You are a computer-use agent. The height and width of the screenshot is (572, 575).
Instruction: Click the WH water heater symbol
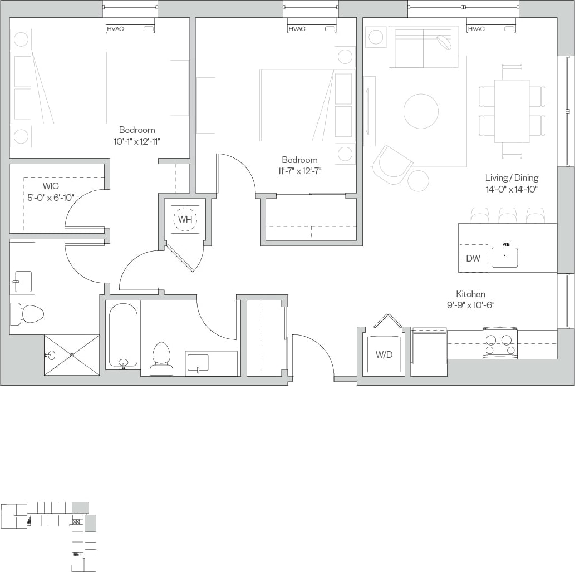click(185, 219)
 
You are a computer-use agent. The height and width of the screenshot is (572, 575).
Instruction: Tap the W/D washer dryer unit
click(384, 354)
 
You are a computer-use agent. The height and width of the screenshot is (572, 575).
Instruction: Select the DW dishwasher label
click(473, 259)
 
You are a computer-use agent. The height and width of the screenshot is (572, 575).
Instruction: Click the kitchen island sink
click(505, 257)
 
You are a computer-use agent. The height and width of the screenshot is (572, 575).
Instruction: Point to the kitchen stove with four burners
click(499, 343)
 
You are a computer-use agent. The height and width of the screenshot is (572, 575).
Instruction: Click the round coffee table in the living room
click(421, 111)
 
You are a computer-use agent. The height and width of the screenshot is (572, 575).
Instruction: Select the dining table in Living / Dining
click(512, 111)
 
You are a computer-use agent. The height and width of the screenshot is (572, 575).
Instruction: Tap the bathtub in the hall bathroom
click(123, 336)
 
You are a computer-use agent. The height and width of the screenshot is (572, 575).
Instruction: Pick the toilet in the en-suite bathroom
click(28, 314)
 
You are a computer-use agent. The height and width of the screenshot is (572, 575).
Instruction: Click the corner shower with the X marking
click(72, 355)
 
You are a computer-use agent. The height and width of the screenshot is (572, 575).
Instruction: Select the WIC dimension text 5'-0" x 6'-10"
click(51, 197)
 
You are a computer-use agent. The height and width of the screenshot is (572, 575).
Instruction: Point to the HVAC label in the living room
click(476, 29)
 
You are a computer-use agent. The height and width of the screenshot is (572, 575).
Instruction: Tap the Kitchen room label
click(470, 294)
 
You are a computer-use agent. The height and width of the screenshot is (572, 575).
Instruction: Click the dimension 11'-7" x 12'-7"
click(299, 171)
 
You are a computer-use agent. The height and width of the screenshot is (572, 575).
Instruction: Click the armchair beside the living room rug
click(392, 164)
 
